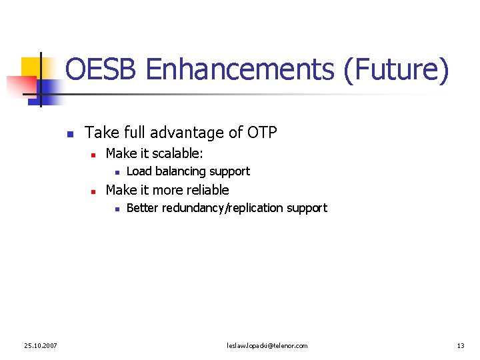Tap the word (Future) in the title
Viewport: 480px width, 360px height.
[x=396, y=70]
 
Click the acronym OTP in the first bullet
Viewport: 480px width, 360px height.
[x=262, y=133]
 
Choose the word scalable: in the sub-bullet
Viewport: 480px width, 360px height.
[x=178, y=153]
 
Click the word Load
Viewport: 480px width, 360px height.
[x=139, y=171]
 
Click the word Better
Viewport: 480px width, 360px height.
[x=143, y=208]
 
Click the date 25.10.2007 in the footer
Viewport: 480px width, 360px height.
[x=40, y=345]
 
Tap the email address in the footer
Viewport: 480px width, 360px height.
[x=267, y=345]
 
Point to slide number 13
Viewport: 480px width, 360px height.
[x=461, y=345]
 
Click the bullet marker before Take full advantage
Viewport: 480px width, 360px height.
[x=69, y=134]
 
